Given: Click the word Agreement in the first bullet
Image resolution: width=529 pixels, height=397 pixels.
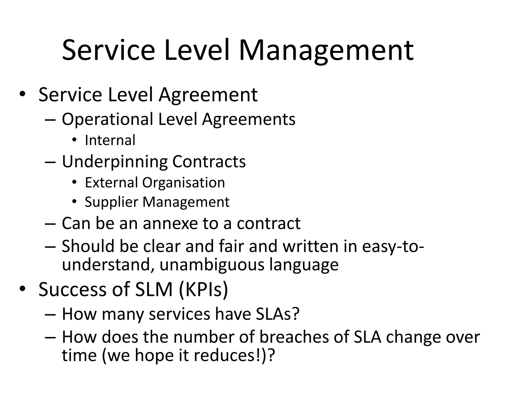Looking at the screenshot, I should tap(208, 95).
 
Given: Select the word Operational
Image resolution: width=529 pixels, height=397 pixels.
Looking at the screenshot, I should tap(107, 119).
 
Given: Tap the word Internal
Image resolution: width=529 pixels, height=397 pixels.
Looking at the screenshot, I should tap(110, 140).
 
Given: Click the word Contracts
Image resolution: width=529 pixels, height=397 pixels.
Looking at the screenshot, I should tap(209, 162).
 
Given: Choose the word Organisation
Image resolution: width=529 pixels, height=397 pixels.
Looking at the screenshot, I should tap(184, 182).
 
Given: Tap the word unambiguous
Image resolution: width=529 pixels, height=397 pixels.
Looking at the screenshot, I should tap(212, 265).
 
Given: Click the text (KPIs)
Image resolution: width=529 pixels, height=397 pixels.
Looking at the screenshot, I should tap(203, 289).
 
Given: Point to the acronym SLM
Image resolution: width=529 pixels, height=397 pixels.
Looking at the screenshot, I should tap(154, 289).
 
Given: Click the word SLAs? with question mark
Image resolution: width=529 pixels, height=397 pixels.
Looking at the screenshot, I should tap(278, 314).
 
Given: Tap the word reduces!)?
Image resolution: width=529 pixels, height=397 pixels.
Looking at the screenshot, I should tap(234, 355).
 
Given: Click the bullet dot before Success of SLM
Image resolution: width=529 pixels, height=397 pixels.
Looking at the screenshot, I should tap(22, 289).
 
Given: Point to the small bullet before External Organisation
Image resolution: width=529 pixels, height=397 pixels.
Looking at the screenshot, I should tap(74, 182).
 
